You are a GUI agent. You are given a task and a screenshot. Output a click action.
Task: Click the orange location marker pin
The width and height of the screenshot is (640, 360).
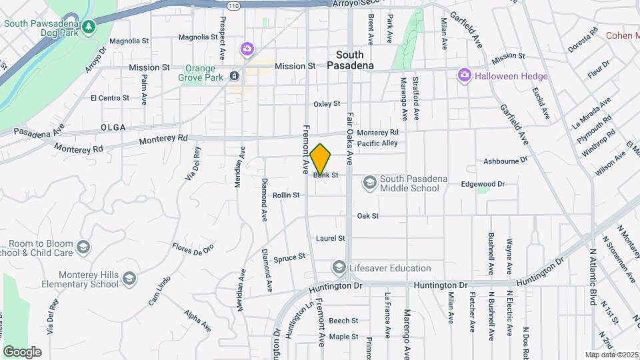321,159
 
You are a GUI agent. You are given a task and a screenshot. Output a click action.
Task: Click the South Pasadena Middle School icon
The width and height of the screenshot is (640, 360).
369,182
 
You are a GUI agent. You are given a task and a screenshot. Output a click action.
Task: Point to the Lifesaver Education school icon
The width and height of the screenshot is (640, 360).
339,268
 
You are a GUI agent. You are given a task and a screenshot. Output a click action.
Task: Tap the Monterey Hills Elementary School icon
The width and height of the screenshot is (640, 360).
129,278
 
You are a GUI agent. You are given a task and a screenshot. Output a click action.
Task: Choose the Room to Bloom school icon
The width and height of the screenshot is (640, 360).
83,247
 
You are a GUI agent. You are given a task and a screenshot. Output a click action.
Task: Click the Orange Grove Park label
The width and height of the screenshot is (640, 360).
200,76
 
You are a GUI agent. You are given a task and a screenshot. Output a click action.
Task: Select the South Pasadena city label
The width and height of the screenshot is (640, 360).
350,60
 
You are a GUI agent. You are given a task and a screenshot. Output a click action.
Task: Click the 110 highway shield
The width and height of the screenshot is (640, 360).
232,6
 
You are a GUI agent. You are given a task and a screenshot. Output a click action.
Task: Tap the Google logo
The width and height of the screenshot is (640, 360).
22,351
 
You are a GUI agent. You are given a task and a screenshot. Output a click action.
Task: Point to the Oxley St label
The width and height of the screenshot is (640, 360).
327,104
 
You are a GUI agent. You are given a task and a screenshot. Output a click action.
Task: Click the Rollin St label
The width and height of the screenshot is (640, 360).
286,195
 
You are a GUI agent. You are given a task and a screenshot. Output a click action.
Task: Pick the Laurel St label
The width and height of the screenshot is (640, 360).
331,238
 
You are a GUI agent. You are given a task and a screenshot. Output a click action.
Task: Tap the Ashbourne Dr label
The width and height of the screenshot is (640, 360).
505,161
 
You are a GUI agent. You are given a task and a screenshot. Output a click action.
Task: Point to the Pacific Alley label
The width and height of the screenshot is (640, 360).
377,143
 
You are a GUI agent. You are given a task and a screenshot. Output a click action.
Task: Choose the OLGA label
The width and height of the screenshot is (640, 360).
113,127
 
